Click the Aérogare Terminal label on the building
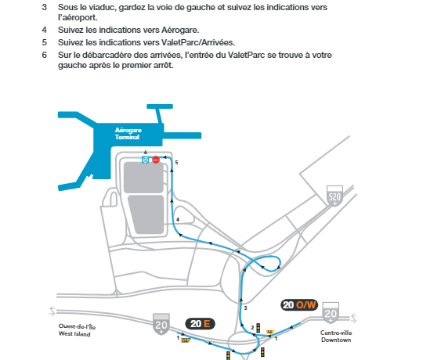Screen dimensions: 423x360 (x=128, y=134)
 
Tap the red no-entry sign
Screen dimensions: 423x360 (x=156, y=160)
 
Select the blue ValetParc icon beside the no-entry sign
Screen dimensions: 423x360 (x=145, y=160)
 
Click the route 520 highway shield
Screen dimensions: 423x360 (x=334, y=196)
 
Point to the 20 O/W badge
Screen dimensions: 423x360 (x=299, y=305)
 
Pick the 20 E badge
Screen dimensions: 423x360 (x=200, y=324)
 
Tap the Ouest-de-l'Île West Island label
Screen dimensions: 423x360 (x=77, y=330)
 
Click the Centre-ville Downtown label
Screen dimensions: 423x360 (x=336, y=337)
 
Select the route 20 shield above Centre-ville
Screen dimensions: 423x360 (x=331, y=313)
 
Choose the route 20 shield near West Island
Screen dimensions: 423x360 (x=161, y=324)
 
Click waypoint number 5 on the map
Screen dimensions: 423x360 (x=177, y=163)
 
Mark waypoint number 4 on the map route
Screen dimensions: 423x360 (x=178, y=220)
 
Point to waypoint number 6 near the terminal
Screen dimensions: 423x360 (x=146, y=153)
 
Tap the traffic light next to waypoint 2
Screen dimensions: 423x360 (x=258, y=328)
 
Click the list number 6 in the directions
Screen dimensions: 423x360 (x=44, y=55)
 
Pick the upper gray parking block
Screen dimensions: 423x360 (x=143, y=178)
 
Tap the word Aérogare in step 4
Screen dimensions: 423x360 (x=180, y=31)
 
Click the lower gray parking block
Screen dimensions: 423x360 (x=146, y=214)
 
